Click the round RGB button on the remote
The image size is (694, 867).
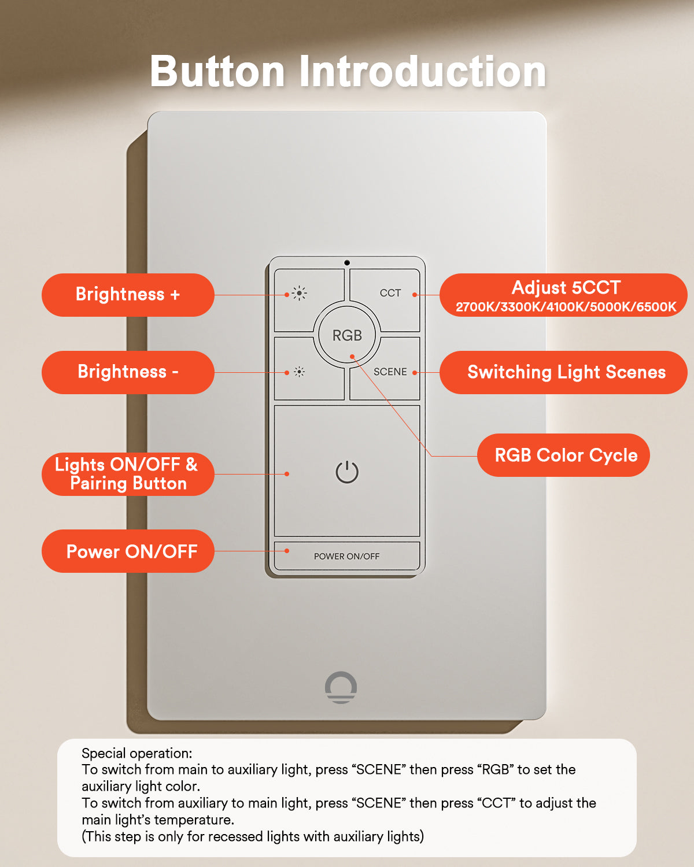347,335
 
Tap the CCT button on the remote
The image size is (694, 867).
390,293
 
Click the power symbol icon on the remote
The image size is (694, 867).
347,472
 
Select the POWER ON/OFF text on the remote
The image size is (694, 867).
346,556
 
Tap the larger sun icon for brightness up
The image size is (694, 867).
299,294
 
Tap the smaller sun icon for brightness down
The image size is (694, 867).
299,372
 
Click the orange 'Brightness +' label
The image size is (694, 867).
128,295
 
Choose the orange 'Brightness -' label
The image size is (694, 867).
128,372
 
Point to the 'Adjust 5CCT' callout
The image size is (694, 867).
566,288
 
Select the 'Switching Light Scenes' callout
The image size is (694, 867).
566,372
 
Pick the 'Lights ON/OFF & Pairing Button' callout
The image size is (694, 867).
127,474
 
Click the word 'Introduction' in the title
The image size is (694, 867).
422,72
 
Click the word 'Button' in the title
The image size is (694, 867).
217,72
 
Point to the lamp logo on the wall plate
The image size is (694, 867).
341,687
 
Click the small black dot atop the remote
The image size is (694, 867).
347,263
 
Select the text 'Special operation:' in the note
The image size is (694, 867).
136,753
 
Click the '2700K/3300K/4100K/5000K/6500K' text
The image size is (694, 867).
566,307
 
